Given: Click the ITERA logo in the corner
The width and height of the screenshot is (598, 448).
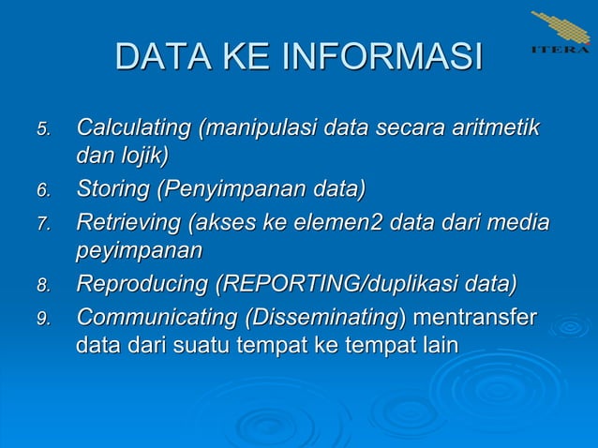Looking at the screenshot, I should pos(561,33).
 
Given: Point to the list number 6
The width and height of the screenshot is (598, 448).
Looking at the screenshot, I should pos(42,192).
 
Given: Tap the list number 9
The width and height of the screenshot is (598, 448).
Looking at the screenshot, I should pos(42,320).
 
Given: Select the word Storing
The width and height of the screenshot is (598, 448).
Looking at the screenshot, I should pos(112,190).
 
